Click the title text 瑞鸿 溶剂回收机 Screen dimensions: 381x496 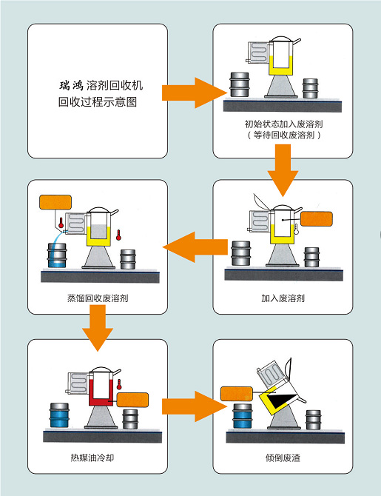pos(101,85)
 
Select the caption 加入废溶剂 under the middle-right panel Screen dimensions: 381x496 pos(283,298)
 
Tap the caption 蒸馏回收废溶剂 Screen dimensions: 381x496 pos(98,298)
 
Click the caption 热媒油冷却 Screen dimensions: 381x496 pos(92,458)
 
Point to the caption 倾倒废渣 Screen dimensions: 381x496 pos(283,458)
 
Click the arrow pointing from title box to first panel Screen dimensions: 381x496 pos(195,93)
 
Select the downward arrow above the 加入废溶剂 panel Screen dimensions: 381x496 pos(283,170)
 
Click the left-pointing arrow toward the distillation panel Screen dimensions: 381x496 pos(195,247)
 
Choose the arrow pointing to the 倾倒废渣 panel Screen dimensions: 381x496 pos(195,406)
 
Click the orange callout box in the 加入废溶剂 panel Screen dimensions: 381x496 pos(316,219)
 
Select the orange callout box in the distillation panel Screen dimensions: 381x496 pos(55,202)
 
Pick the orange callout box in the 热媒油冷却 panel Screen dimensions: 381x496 pos(132,400)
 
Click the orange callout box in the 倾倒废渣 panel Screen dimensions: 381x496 pos(236,394)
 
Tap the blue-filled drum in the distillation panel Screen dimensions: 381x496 pos(57,255)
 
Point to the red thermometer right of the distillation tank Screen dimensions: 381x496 pos(118,235)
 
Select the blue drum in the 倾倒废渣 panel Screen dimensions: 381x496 pos(242,416)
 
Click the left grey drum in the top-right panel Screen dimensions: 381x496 pos(240,84)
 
